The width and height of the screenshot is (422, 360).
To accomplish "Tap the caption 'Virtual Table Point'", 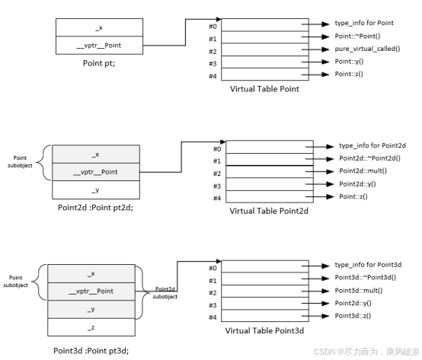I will [x=264, y=88].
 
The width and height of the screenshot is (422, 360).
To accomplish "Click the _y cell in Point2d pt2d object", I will [x=94, y=190].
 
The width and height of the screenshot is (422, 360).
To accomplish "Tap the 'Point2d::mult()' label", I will [x=362, y=172].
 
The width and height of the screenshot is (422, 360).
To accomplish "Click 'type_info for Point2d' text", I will [x=371, y=145].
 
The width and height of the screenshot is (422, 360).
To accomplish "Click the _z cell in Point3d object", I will [x=91, y=327].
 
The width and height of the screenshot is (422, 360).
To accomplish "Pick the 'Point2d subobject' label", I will [x=166, y=293].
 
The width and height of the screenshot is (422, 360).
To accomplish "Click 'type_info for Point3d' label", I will [x=368, y=264].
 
